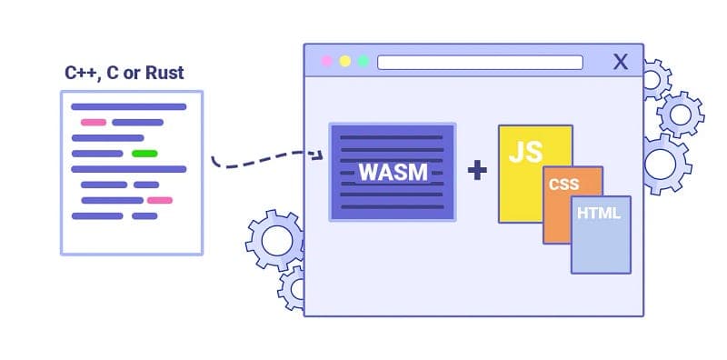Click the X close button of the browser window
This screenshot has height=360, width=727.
pyautogui.click(x=621, y=62)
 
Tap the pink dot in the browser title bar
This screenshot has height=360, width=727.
pyautogui.click(x=326, y=62)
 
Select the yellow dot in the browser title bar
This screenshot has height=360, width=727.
pyautogui.click(x=344, y=62)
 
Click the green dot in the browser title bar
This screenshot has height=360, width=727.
pyautogui.click(x=363, y=62)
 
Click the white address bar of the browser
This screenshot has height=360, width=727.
pyautogui.click(x=480, y=62)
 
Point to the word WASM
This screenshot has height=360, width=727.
pyautogui.click(x=392, y=172)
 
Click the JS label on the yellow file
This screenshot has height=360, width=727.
pyautogui.click(x=525, y=150)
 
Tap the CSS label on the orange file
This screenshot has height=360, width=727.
pyautogui.click(x=563, y=185)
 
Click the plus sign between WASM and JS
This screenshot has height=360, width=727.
pyautogui.click(x=476, y=169)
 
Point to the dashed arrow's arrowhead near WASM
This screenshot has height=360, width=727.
pyautogui.click(x=318, y=155)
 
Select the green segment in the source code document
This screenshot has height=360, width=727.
pyautogui.click(x=144, y=153)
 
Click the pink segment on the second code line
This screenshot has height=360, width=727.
pyautogui.click(x=93, y=122)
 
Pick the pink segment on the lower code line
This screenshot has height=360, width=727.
pyautogui.click(x=160, y=200)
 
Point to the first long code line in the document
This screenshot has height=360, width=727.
pyautogui.click(x=128, y=106)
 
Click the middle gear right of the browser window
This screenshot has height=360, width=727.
pyautogui.click(x=679, y=115)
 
